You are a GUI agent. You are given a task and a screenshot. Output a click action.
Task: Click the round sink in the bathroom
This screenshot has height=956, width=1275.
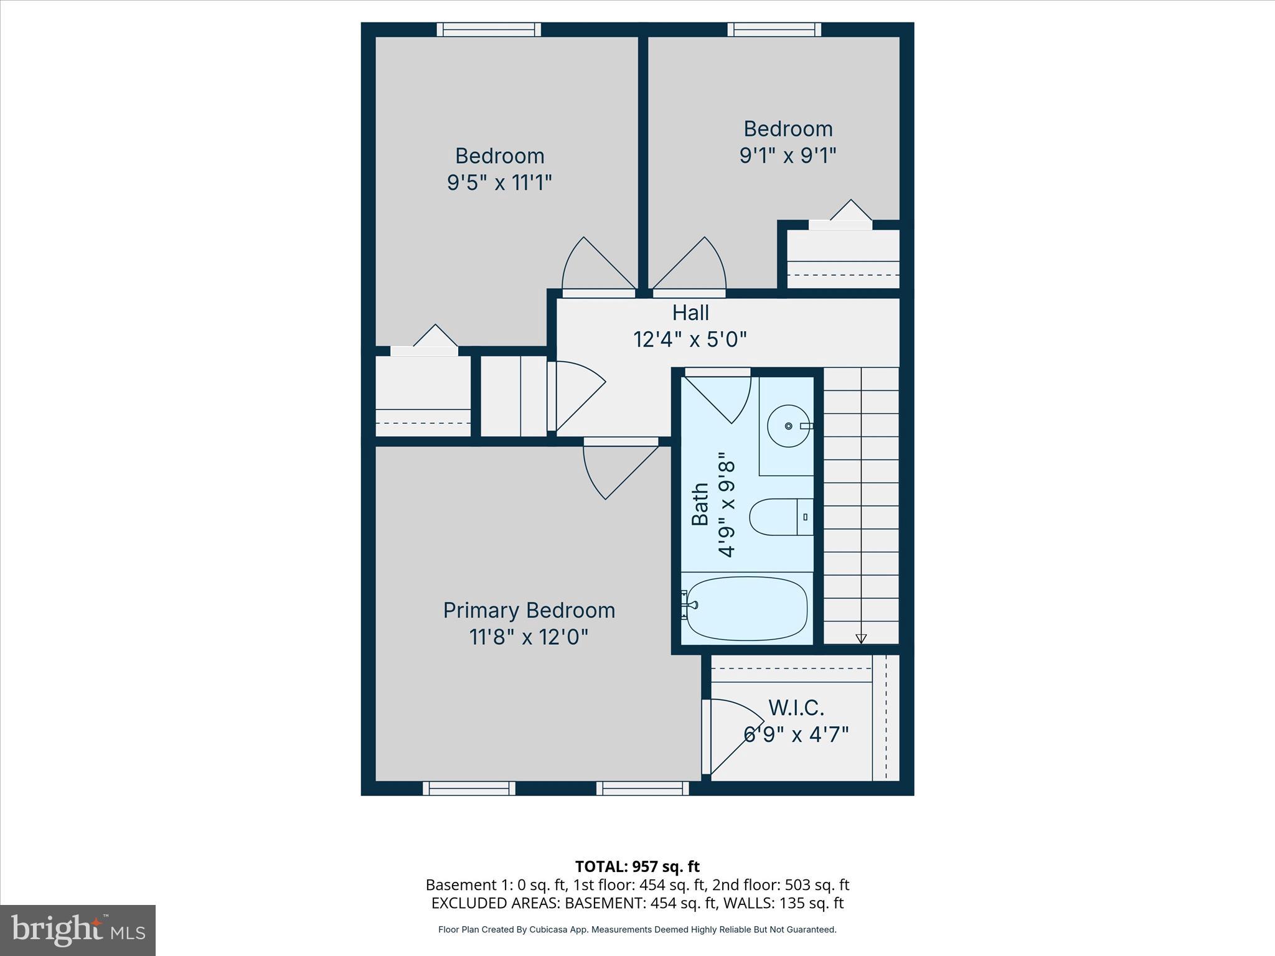coord(788,426)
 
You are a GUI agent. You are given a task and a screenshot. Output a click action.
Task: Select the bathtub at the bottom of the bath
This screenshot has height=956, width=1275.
coord(747,608)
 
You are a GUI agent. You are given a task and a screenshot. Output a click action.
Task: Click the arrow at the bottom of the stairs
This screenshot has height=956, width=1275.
coord(861,638)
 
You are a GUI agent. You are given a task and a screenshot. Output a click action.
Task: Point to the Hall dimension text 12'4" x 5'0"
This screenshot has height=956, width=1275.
coord(690,340)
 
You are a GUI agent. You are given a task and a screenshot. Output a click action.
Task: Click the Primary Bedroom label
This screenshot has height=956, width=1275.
coord(529,610)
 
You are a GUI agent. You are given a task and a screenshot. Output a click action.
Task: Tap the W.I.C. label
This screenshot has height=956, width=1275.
coord(796,708)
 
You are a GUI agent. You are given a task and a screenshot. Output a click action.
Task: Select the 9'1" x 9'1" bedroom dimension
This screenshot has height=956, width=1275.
coord(788,155)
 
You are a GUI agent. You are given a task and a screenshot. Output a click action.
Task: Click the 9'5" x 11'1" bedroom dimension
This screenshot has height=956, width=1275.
coord(499,183)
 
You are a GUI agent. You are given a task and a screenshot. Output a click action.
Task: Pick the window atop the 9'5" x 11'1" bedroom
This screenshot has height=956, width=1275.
coord(489,30)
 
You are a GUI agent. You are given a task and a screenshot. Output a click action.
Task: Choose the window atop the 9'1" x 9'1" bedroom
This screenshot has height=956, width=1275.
coord(774,30)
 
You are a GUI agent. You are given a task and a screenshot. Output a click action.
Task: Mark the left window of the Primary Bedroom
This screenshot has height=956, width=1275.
coord(469,789)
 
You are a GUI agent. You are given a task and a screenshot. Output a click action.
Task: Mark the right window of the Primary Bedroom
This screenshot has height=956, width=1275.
coord(642,789)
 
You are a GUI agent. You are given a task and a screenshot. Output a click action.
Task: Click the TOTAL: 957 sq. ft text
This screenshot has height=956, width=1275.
coord(637,866)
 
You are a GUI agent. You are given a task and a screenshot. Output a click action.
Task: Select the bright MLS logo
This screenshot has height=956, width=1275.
coord(78,930)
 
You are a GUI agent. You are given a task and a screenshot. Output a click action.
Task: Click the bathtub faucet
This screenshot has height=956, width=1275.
coord(689,604)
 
